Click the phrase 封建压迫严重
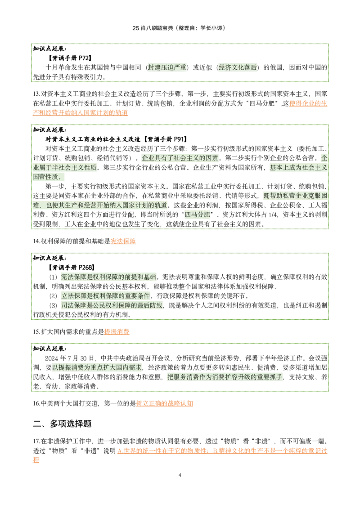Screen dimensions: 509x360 tap(167, 67)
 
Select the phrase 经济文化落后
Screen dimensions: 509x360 tap(238, 67)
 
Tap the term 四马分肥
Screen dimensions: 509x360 tap(197, 214)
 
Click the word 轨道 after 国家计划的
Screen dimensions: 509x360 tap(161, 205)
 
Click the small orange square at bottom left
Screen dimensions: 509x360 tap(36, 460)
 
